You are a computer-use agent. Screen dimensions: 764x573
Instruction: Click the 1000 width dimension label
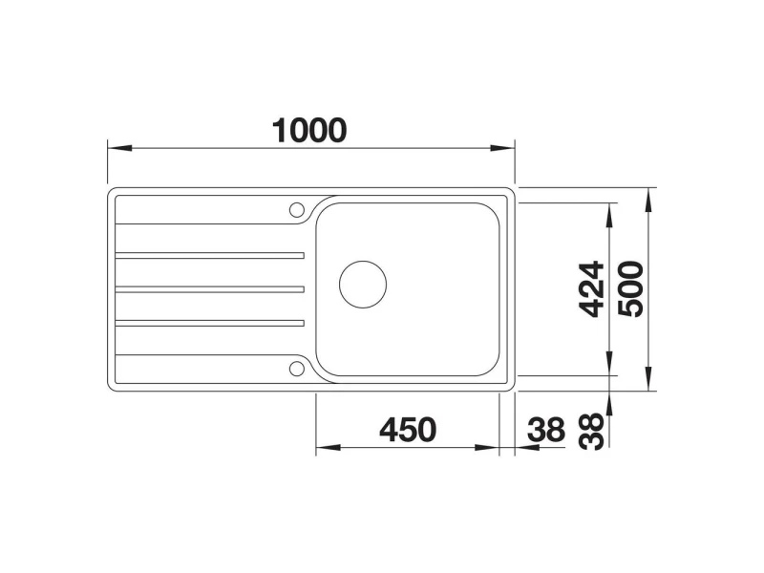pos(309,131)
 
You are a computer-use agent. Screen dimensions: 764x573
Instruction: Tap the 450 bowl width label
pos(408,429)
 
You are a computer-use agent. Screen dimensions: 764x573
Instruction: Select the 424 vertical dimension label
pos(591,289)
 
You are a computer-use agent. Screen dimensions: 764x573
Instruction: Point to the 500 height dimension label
pos(630,289)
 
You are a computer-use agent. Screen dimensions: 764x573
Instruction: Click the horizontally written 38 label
pos(545,429)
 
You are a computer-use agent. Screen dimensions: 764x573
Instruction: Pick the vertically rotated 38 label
pos(591,432)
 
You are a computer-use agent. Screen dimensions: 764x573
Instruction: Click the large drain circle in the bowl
pos(363,285)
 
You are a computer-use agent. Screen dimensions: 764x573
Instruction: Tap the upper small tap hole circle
pos(296,210)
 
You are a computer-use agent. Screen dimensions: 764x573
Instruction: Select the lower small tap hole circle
pos(296,369)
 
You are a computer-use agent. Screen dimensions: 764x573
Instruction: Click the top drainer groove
pos(209,255)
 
